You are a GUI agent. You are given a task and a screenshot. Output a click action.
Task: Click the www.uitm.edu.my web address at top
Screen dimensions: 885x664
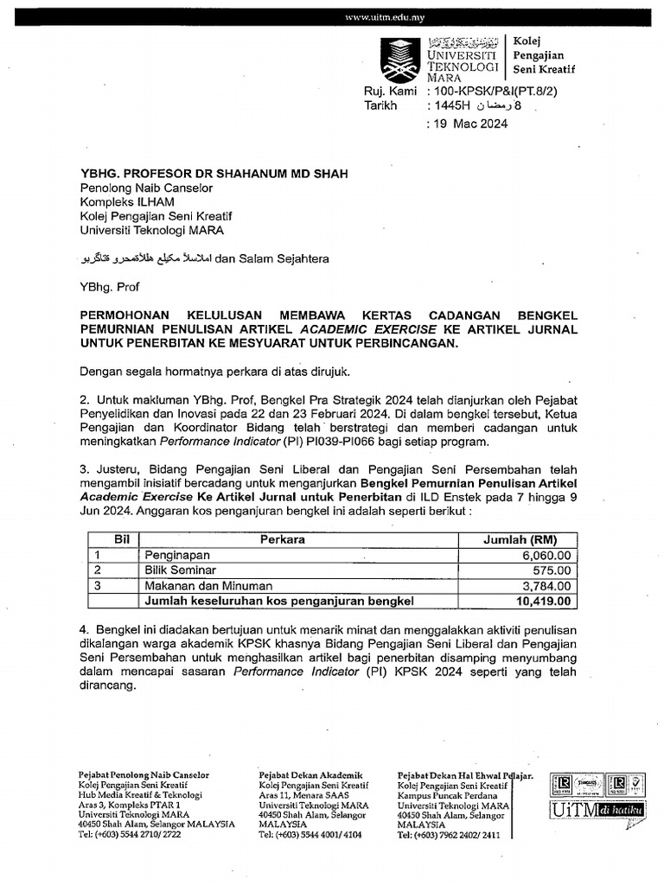384,18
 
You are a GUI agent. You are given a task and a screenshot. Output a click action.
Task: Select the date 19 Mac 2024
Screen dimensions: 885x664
470,124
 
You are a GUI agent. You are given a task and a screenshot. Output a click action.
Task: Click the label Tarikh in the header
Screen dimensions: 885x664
380,106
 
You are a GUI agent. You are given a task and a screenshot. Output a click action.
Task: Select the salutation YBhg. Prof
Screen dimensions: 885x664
110,286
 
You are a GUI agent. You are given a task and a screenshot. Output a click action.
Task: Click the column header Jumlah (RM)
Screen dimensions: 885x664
519,539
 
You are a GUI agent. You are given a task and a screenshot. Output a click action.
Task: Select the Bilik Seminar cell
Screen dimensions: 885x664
181,570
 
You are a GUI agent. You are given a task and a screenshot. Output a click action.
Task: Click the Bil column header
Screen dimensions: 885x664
122,539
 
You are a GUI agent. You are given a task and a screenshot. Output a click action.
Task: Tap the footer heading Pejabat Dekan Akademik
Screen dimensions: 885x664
310,775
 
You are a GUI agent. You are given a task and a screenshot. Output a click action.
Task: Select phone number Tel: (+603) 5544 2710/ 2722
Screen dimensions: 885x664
130,836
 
